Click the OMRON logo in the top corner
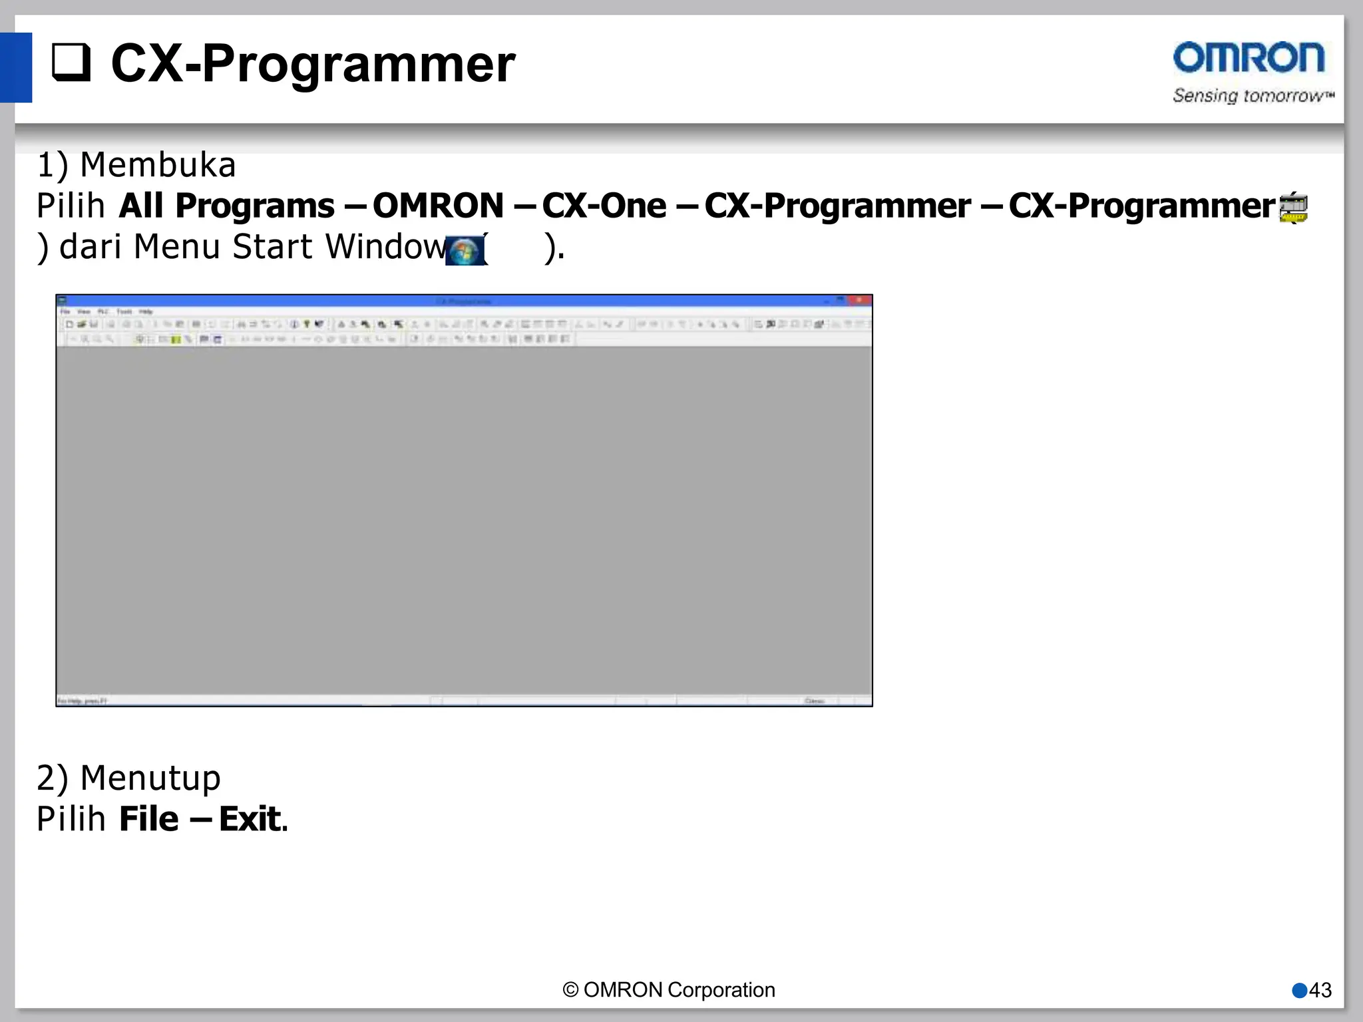pos(1249,58)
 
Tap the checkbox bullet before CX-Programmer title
pos(71,63)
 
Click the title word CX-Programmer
pos(313,64)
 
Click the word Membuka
pos(158,165)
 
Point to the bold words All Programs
pos(226,206)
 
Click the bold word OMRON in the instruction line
pos(438,206)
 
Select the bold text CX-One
pos(604,206)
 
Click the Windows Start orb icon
pos(464,251)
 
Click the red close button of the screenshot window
pos(860,301)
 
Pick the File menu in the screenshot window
pos(65,311)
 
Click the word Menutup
pos(150,778)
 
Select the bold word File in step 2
pos(148,819)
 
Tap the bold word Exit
pos(250,819)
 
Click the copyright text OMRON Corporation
pos(669,990)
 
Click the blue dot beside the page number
pos(1299,991)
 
